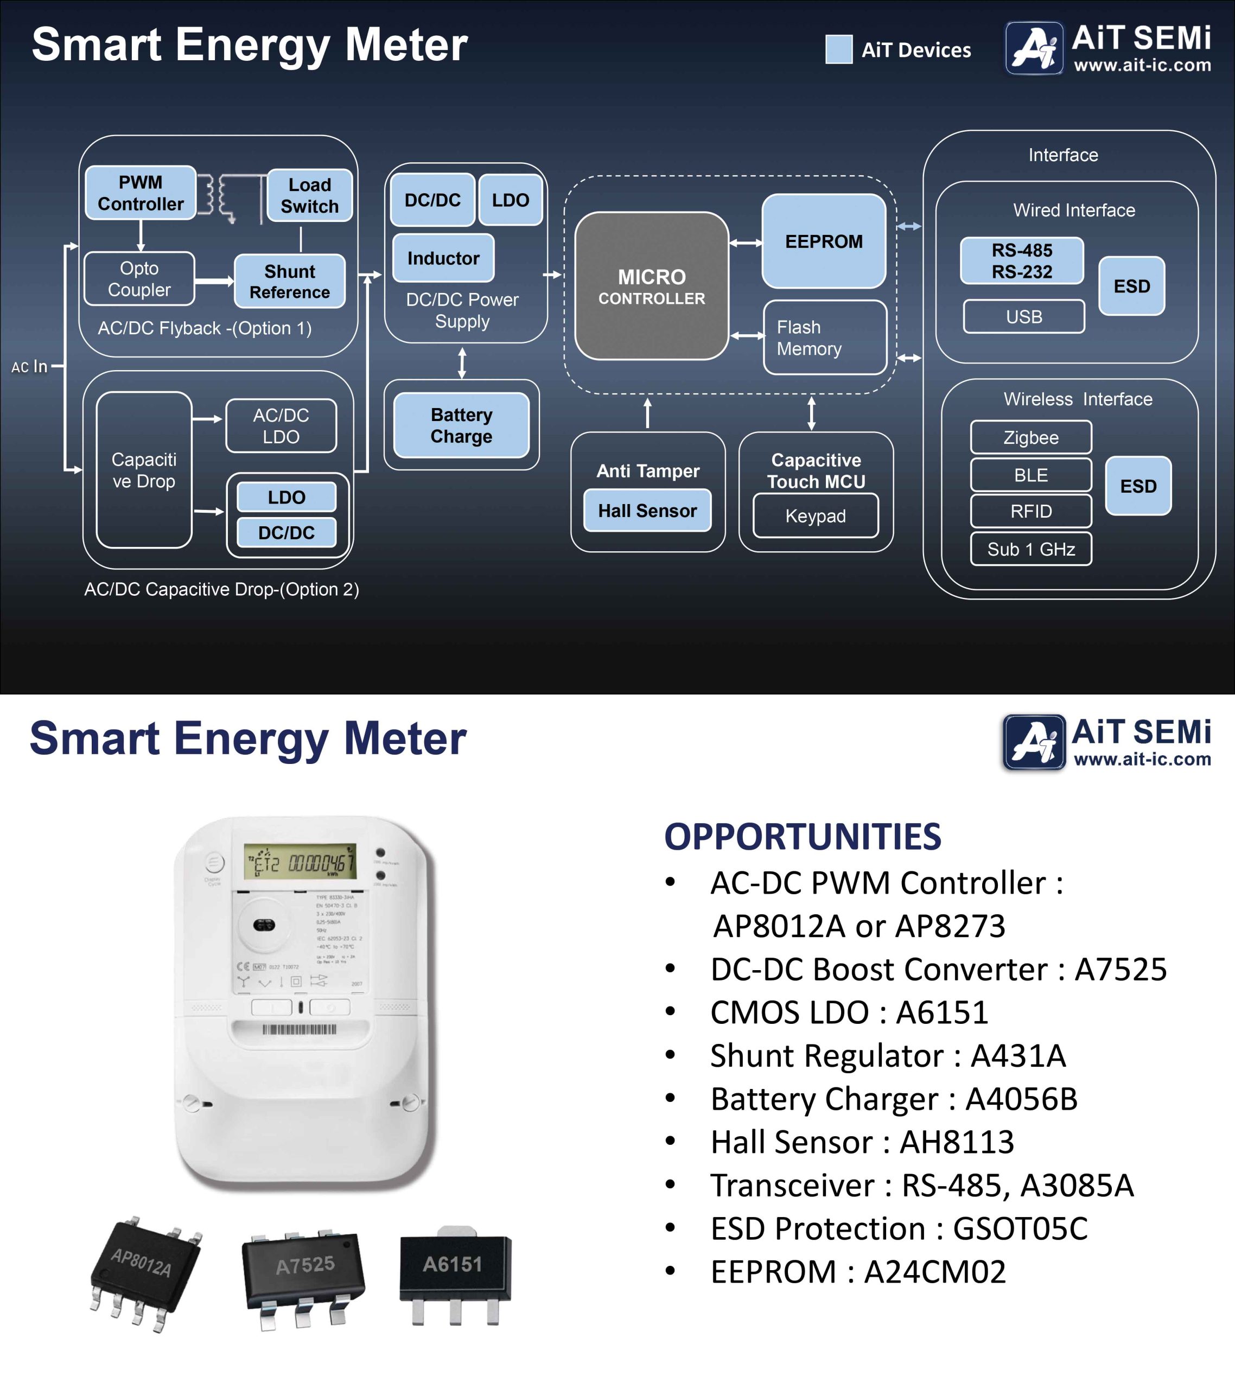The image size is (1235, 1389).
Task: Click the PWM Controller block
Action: pos(141,193)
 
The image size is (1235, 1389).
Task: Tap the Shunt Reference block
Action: pos(290,282)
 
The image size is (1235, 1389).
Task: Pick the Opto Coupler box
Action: pos(139,279)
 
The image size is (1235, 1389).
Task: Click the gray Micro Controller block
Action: pos(651,286)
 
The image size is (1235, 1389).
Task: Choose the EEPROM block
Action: pos(823,241)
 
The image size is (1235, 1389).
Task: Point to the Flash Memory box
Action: pos(824,337)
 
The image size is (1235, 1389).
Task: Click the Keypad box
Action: pos(815,516)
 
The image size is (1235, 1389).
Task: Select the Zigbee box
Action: pos(1030,437)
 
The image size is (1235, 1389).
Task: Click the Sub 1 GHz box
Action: pos(1030,549)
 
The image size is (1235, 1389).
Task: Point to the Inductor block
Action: pos(443,258)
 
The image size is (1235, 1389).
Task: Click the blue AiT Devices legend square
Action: pos(839,49)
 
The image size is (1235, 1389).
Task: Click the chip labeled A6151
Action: pos(454,1270)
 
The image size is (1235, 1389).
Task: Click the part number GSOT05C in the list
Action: pos(1020,1228)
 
